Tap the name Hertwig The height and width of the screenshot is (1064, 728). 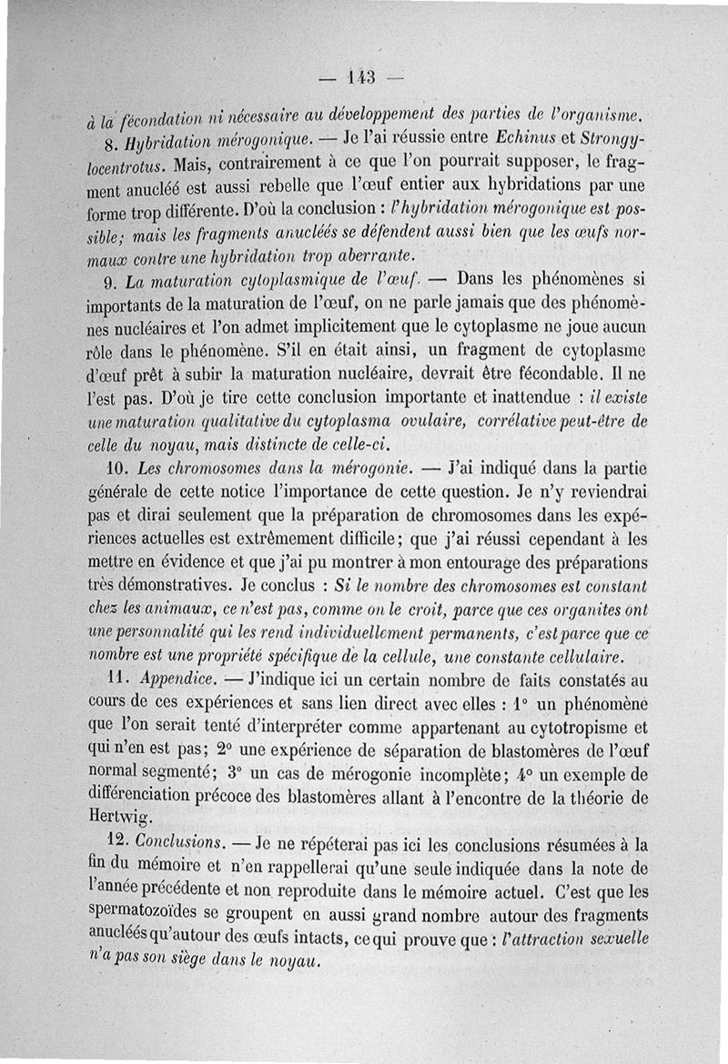116,816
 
